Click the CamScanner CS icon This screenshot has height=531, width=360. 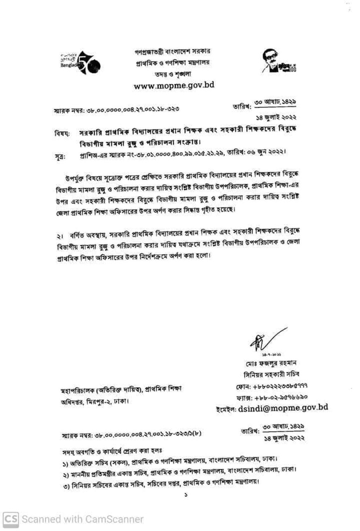coord(10,519)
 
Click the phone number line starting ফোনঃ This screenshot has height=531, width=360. coord(280,386)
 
